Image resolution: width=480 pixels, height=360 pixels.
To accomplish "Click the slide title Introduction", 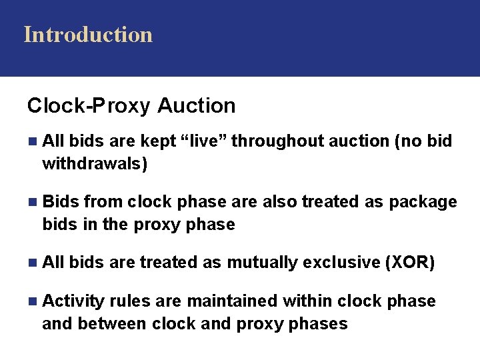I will (x=88, y=34).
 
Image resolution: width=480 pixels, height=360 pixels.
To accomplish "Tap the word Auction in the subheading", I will (x=197, y=105).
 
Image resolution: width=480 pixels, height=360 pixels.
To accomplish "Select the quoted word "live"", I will (x=204, y=141).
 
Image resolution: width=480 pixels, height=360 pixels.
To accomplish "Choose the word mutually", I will (x=262, y=263).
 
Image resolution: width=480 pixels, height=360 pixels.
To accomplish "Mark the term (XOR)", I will (x=411, y=263).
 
